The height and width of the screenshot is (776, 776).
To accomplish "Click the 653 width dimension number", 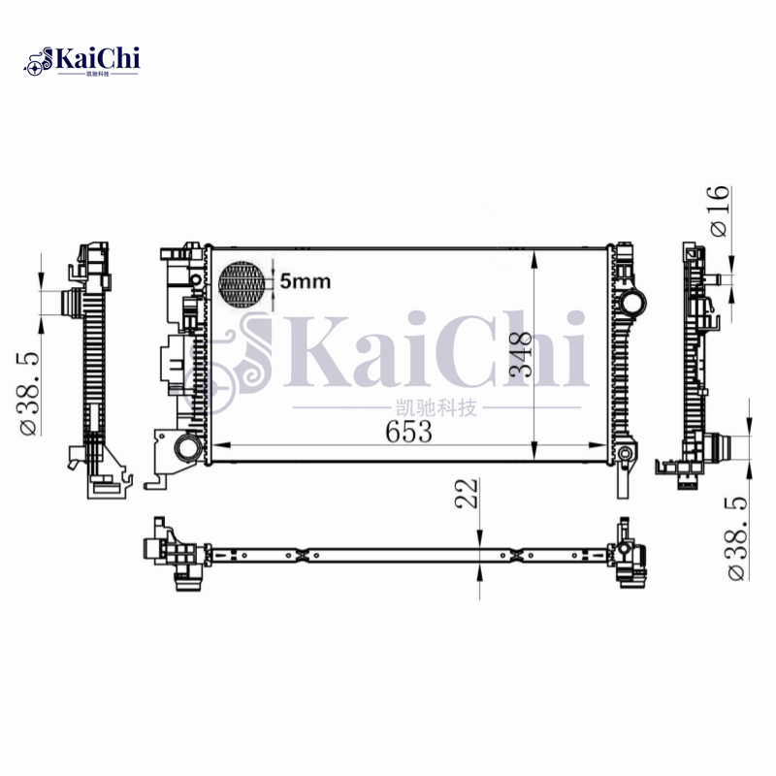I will tap(408, 433).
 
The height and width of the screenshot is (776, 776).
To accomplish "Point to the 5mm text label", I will tap(306, 282).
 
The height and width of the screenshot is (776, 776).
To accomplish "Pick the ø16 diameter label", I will tap(718, 210).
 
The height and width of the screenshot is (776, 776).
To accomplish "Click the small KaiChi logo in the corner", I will tap(82, 60).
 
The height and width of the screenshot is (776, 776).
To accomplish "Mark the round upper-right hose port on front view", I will tap(634, 302).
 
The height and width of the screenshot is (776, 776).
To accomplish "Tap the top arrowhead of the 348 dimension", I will tap(534, 253).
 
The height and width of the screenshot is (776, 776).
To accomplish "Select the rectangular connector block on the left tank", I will tap(166, 364).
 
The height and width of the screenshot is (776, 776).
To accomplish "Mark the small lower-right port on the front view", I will tap(626, 453).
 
